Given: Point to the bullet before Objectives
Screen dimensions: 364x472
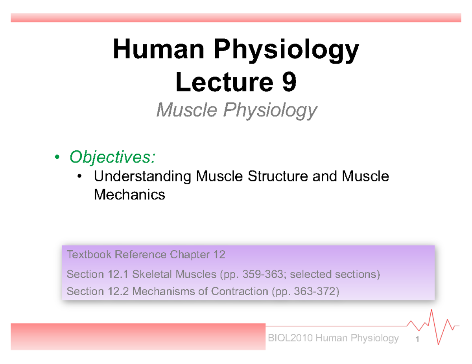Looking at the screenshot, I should (x=57, y=157).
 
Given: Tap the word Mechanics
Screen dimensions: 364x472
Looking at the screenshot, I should (x=129, y=194).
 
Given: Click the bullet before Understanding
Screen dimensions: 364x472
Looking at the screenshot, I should (x=80, y=177).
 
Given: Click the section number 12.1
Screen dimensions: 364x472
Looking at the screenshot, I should (x=120, y=274).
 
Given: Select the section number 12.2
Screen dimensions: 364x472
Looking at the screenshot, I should (x=120, y=292).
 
